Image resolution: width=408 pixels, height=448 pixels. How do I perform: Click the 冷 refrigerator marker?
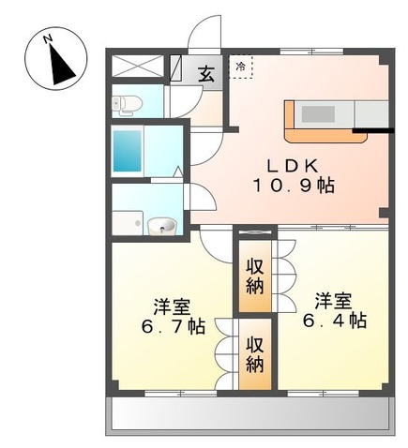click(x=241, y=67)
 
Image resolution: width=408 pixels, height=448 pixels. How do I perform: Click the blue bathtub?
click(x=126, y=150)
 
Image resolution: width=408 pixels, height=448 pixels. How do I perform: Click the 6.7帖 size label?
click(x=172, y=327)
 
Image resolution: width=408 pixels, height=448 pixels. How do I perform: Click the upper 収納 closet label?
click(x=254, y=277)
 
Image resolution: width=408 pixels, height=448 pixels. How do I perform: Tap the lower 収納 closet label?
click(x=254, y=353)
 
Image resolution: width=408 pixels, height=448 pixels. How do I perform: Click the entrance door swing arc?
click(x=202, y=37)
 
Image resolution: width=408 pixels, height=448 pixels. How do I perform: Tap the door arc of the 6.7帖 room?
click(x=217, y=246)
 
